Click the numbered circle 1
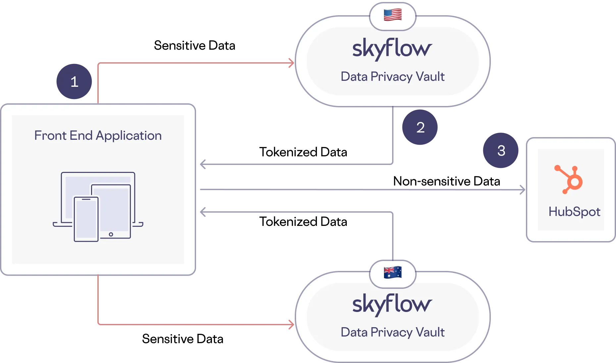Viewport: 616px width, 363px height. (74, 82)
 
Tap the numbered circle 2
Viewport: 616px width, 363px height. (420, 128)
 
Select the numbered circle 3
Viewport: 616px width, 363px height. (501, 151)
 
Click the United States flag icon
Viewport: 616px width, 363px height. (392, 15)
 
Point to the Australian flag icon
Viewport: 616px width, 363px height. (392, 272)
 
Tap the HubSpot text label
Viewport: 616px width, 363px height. (574, 212)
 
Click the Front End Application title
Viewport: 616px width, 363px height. (98, 135)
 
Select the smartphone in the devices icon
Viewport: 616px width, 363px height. (86, 219)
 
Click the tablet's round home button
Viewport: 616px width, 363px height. (111, 234)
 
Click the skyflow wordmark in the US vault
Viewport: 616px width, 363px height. (392, 49)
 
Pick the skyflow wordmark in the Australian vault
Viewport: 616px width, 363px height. (392, 304)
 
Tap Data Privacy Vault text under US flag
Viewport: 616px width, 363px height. (392, 77)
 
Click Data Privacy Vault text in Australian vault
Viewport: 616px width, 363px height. (392, 332)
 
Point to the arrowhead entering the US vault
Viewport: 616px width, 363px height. (291, 62)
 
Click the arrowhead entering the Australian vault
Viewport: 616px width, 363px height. (291, 324)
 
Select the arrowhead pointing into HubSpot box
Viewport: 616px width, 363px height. (522, 189)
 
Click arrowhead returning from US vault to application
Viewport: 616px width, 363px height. (203, 164)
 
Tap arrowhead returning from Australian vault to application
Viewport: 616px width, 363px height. (203, 212)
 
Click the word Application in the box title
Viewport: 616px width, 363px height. (128, 136)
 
